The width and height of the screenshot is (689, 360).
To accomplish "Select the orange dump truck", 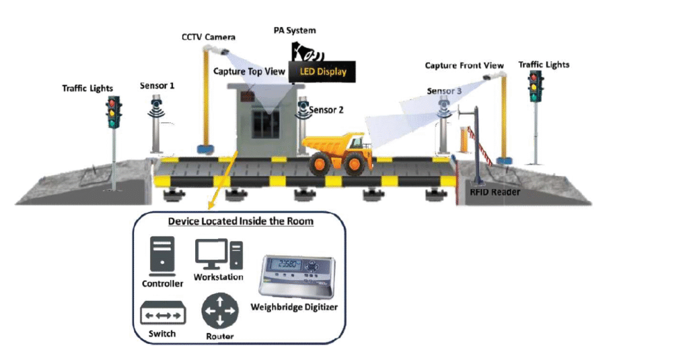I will click(338, 152).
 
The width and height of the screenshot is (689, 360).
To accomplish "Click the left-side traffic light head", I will click(113, 112).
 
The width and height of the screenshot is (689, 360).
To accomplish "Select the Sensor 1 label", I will click(157, 86).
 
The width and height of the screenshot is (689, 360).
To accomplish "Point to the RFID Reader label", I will click(495, 192).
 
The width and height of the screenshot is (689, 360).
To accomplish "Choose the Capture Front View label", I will click(464, 66).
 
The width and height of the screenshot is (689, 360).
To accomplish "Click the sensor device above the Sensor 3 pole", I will click(443, 107).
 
